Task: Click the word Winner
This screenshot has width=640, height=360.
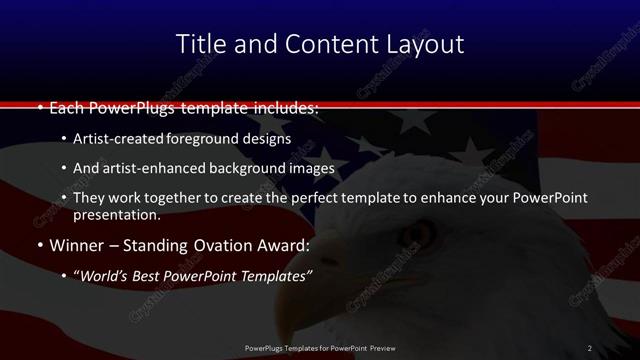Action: pyautogui.click(x=76, y=245)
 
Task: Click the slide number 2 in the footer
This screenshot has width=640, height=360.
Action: pyautogui.click(x=590, y=348)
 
